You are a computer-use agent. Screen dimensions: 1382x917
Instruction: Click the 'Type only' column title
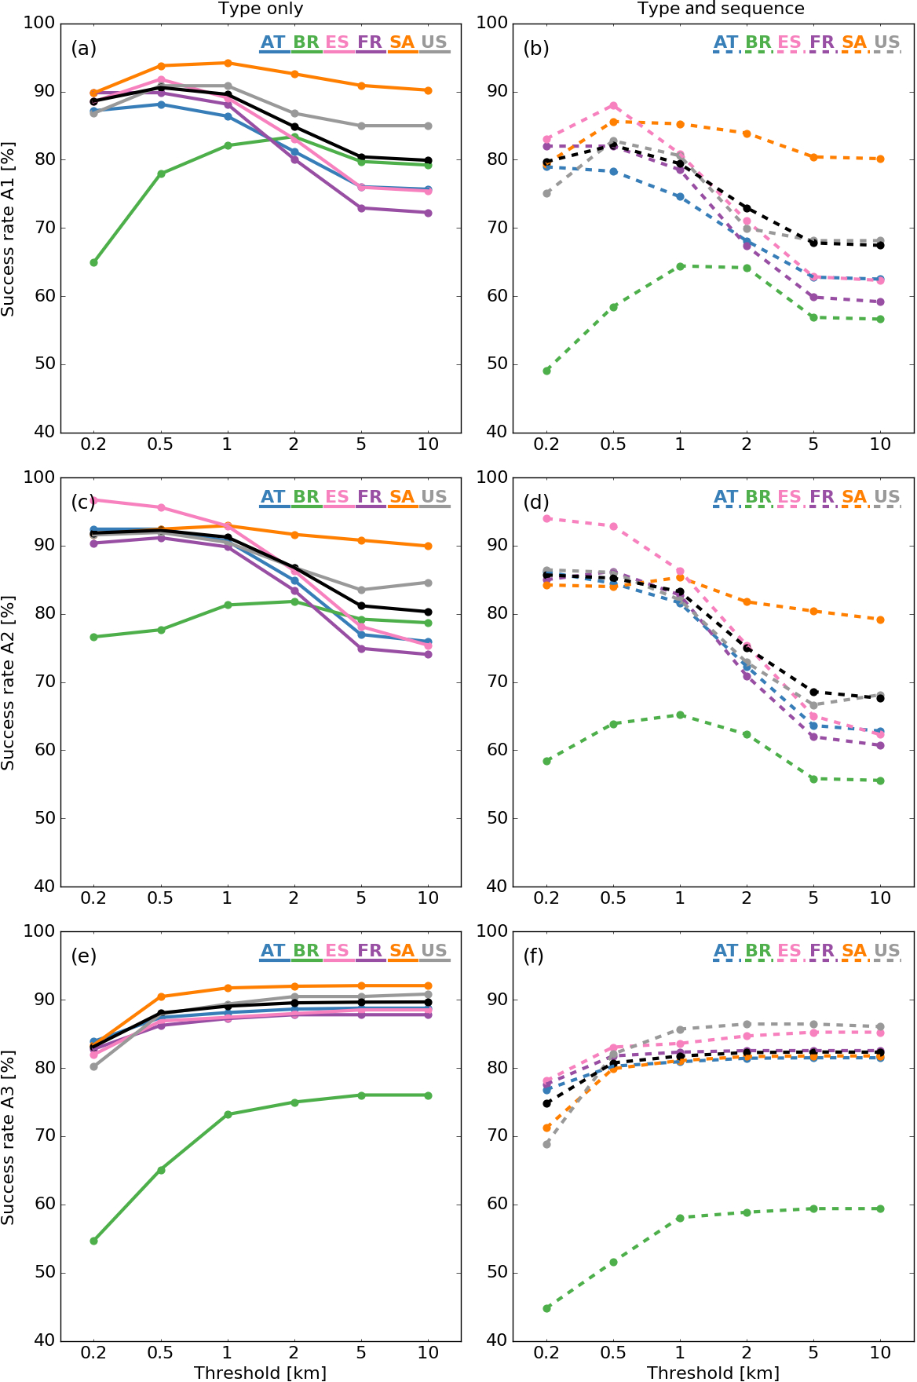261,9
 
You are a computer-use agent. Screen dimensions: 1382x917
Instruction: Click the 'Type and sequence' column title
721,9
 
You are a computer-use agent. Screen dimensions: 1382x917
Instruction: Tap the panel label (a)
83,49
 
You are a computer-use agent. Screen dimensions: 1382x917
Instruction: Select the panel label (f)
536,956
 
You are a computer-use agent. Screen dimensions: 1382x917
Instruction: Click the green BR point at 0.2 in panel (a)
93,262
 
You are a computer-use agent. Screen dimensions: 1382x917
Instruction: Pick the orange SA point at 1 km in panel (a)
228,63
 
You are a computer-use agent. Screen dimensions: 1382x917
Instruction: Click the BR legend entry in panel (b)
758,43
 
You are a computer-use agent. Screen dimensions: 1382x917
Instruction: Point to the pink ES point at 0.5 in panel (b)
613,105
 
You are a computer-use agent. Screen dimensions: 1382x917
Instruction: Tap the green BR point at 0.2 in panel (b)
546,371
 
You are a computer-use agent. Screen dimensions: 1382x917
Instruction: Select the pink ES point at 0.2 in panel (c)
93,499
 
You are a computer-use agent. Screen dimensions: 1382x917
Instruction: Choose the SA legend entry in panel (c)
402,497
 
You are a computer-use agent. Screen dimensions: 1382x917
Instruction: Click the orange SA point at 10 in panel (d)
880,620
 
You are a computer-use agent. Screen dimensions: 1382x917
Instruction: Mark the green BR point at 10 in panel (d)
880,781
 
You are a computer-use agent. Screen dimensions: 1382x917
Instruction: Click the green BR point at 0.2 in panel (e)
93,1241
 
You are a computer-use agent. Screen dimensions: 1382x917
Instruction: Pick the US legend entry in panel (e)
434,951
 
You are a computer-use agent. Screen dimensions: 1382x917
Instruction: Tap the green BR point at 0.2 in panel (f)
546,1308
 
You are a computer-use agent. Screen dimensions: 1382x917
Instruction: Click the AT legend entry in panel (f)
725,951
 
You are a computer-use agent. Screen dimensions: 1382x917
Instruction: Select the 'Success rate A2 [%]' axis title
9,682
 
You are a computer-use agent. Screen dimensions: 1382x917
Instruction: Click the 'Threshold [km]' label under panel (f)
713,1373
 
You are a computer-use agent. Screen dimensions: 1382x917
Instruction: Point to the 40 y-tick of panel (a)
45,432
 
